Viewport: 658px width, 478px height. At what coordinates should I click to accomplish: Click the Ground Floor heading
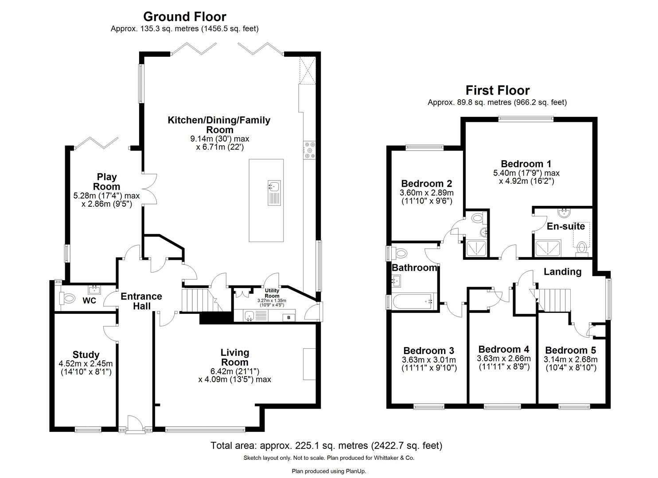tap(184, 17)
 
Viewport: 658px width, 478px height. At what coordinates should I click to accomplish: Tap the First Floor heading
tap(497, 91)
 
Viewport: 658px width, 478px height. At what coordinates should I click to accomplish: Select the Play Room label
tap(107, 181)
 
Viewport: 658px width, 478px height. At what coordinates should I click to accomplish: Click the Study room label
tap(86, 355)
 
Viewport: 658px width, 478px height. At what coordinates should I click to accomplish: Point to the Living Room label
tap(235, 357)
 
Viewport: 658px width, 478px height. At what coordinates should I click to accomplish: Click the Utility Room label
tap(272, 293)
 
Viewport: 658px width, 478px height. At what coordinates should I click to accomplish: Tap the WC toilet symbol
tap(68, 299)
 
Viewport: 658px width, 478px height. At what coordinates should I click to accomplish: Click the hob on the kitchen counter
tap(309, 150)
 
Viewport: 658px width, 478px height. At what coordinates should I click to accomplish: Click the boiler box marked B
tap(289, 317)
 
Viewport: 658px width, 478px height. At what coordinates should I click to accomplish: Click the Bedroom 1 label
tap(526, 164)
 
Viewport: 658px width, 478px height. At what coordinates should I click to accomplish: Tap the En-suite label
tap(566, 227)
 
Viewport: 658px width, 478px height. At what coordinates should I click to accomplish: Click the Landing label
tap(562, 272)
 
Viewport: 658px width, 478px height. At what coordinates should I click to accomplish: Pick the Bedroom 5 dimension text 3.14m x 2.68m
tap(571, 359)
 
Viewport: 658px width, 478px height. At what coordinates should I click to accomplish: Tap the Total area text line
tap(326, 445)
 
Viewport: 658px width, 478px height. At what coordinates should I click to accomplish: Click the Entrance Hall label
tap(141, 301)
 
